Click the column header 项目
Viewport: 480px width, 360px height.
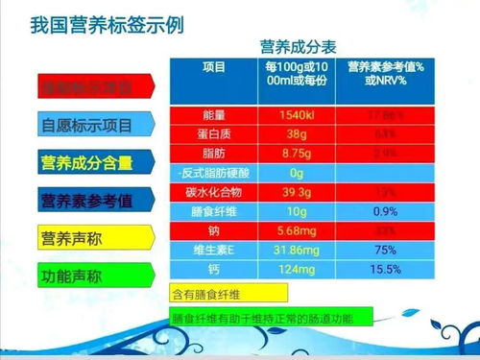[x=214, y=67]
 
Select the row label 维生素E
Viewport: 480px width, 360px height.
[x=214, y=250]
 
